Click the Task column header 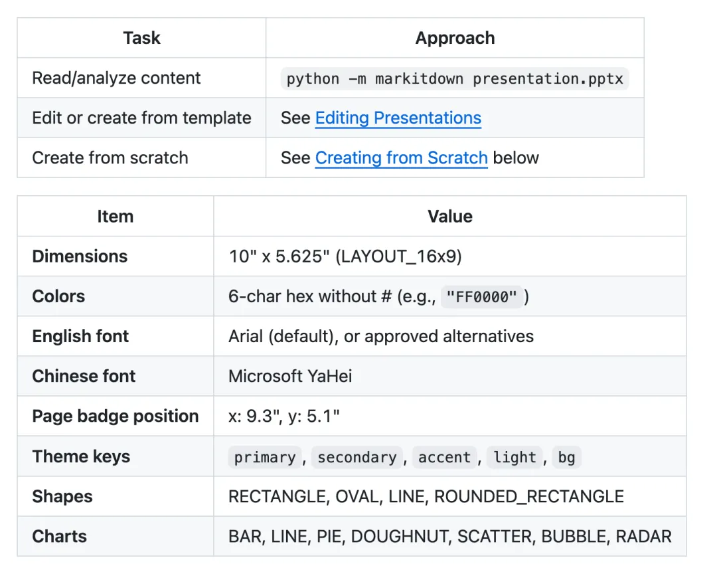142,38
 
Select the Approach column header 455,38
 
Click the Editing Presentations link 398,118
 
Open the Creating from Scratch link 402,158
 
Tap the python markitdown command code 455,78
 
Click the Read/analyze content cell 117,78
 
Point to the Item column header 116,217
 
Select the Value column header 450,217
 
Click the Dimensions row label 80,256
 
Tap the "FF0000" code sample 481,297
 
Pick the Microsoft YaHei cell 290,376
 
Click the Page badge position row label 116,417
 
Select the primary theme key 265,457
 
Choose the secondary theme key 357,457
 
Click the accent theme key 444,457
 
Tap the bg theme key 566,457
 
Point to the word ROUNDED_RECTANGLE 529,496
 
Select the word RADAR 644,537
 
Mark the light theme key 515,457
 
